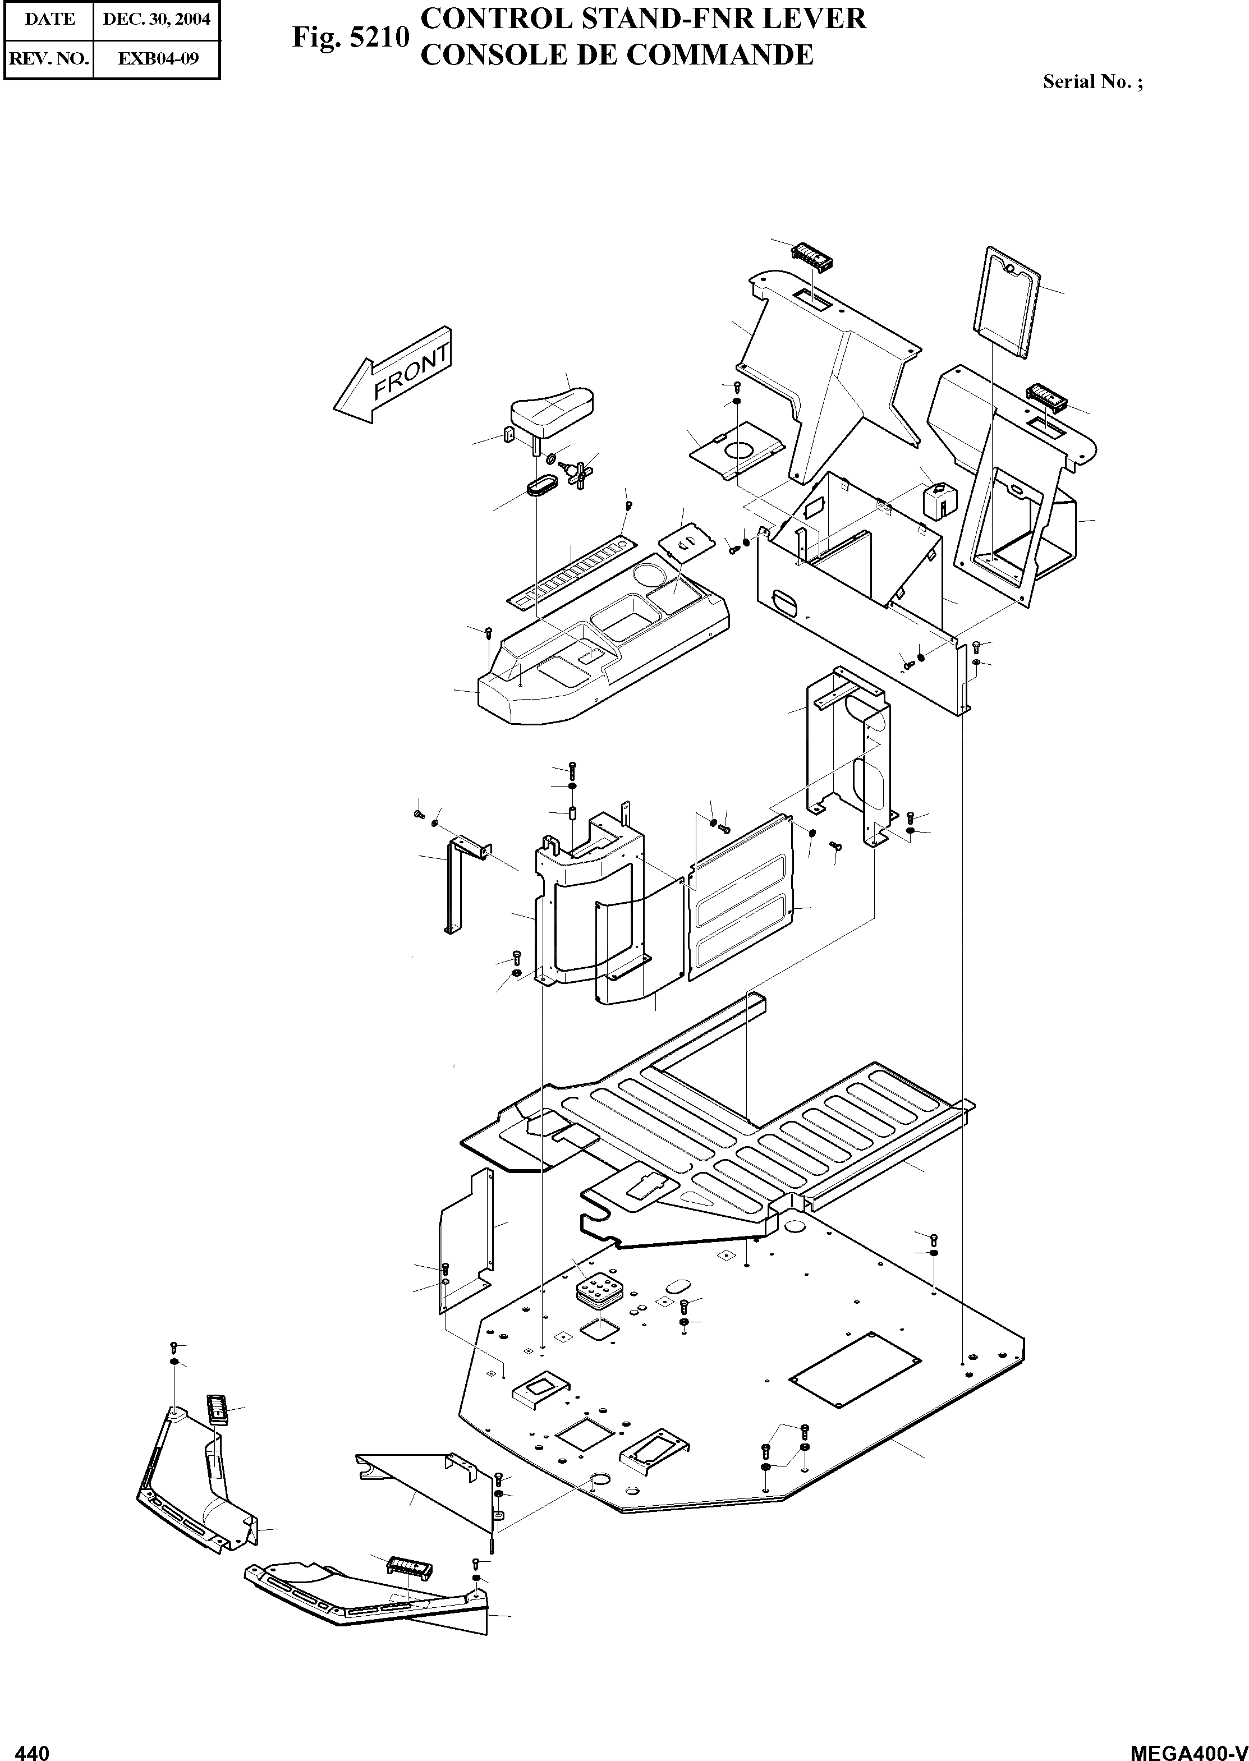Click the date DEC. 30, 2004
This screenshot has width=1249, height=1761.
pyautogui.click(x=156, y=19)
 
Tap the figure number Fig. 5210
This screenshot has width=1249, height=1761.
pyautogui.click(x=350, y=37)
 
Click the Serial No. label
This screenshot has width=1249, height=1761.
pyautogui.click(x=1091, y=81)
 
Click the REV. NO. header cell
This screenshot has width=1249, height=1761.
pyautogui.click(x=48, y=58)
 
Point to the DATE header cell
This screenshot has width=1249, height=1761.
pyautogui.click(x=48, y=19)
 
